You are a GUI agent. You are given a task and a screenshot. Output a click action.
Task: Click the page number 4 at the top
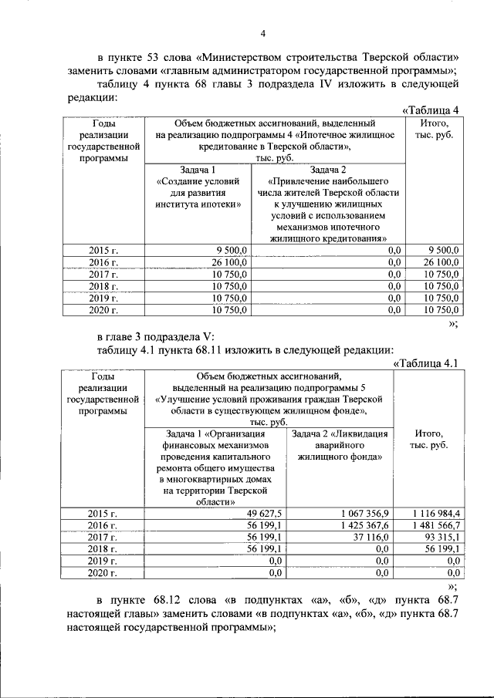[x=262, y=33]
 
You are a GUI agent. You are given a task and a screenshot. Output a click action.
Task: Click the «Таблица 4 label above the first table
[x=431, y=110]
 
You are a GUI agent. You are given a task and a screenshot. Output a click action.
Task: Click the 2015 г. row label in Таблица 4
[x=103, y=250]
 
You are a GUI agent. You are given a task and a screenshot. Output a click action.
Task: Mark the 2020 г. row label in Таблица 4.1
[x=103, y=573]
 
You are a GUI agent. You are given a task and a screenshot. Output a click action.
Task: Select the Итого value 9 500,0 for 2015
[x=443, y=250]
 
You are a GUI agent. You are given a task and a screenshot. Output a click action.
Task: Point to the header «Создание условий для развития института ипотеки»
[x=198, y=193]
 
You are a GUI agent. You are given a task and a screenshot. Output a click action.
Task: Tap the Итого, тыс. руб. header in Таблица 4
[x=434, y=129]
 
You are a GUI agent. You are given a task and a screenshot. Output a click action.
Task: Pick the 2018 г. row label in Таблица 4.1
[x=103, y=549]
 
